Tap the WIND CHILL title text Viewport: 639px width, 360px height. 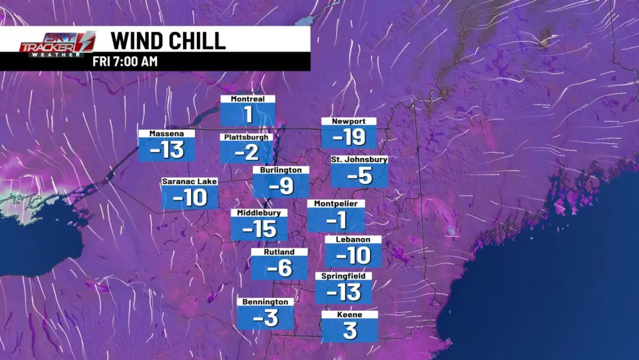click(x=168, y=40)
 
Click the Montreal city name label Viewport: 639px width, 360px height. click(x=248, y=99)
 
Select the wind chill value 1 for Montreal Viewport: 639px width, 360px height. click(x=248, y=115)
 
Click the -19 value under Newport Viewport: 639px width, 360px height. click(x=348, y=137)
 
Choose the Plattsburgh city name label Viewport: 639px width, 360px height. click(x=247, y=137)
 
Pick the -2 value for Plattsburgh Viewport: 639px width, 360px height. click(x=247, y=152)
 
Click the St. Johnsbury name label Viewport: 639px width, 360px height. click(x=359, y=159)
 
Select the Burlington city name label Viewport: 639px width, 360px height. click(x=281, y=170)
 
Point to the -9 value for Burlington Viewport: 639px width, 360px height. click(x=281, y=186)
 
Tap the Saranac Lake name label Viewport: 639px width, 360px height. click(x=190, y=182)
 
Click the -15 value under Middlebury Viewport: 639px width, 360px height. click(x=259, y=228)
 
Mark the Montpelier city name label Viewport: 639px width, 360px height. click(x=336, y=203)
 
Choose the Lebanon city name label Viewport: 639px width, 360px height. click(x=353, y=239)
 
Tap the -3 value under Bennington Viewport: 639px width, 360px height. click(x=266, y=317)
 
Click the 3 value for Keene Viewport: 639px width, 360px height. click(x=350, y=331)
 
